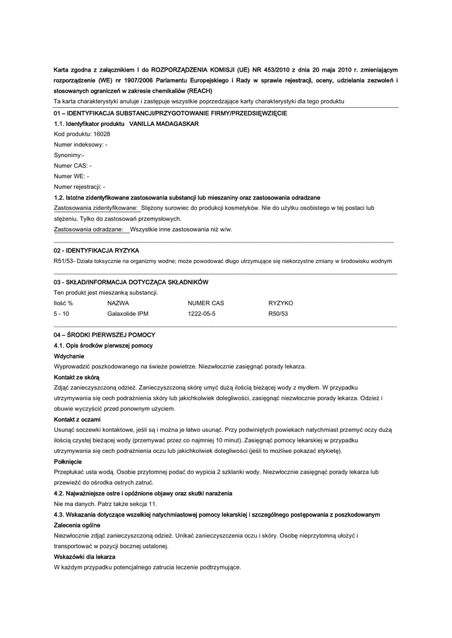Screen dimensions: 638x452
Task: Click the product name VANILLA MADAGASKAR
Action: coord(168,124)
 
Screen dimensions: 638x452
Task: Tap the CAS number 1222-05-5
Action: coord(201,314)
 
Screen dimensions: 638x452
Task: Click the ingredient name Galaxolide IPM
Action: coord(128,314)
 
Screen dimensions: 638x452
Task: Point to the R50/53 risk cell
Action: coord(278,314)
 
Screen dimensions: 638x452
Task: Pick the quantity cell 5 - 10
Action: coord(62,314)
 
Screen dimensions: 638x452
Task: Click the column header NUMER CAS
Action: coord(206,303)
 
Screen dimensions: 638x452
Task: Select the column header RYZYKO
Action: coord(281,303)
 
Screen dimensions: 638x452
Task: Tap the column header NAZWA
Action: coord(118,303)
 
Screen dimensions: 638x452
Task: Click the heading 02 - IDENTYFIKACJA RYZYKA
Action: coord(96,250)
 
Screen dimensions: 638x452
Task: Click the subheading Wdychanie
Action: coord(69,356)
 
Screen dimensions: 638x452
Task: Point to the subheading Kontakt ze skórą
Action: coord(77,377)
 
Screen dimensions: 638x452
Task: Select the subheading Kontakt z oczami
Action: coord(77,419)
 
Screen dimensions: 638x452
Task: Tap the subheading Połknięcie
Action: coord(68,462)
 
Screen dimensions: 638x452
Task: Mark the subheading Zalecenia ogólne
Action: coord(77,525)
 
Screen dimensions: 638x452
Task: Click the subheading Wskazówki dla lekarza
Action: coord(85,556)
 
